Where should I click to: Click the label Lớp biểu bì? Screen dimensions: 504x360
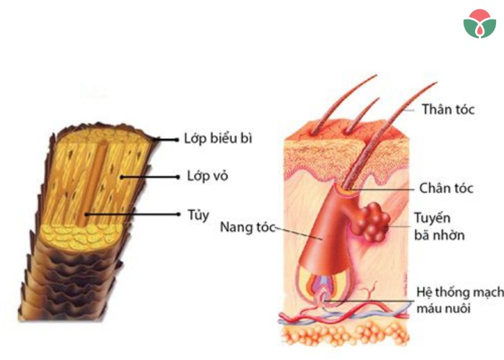coord(218,138)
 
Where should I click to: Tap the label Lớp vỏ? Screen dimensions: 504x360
coord(207,176)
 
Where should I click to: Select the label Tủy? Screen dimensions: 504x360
coord(198,215)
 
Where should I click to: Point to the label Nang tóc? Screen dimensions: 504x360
coord(248,228)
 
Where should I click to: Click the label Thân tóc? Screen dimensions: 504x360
coord(448,109)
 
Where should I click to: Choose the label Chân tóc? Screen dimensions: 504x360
coord(446,188)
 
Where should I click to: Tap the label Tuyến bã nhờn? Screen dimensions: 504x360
coord(439,226)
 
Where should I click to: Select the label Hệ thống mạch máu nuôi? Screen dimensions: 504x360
coord(459,300)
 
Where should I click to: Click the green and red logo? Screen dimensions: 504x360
coord(480,24)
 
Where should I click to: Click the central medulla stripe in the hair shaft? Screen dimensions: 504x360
coord(91,183)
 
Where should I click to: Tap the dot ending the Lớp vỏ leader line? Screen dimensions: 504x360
coord(178,177)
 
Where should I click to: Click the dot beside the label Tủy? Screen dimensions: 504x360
coord(179,214)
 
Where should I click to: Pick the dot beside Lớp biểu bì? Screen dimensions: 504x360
coord(176,140)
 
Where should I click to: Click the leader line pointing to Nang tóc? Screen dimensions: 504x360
coord(299,233)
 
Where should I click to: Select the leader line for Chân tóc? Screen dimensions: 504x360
coord(380,189)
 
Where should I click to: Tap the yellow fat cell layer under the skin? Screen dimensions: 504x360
coord(346,334)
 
